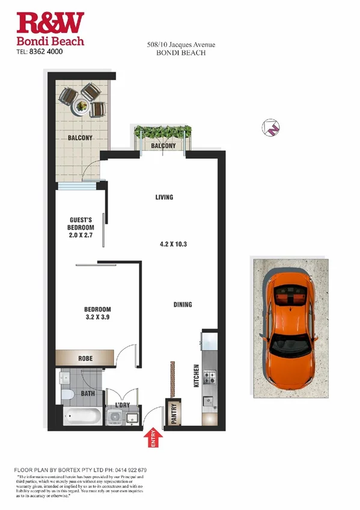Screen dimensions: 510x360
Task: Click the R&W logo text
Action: point(50,23)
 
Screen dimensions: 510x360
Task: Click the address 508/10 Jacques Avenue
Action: point(181,45)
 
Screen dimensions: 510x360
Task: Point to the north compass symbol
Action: point(271,127)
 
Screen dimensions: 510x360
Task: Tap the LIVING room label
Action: point(164,197)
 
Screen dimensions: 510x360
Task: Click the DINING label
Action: point(183,304)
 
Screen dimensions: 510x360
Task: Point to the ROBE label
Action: point(85,359)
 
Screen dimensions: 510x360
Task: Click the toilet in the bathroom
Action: point(67,395)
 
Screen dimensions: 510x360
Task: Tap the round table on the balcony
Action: point(81,106)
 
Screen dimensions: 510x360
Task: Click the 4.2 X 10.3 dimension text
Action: point(174,244)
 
